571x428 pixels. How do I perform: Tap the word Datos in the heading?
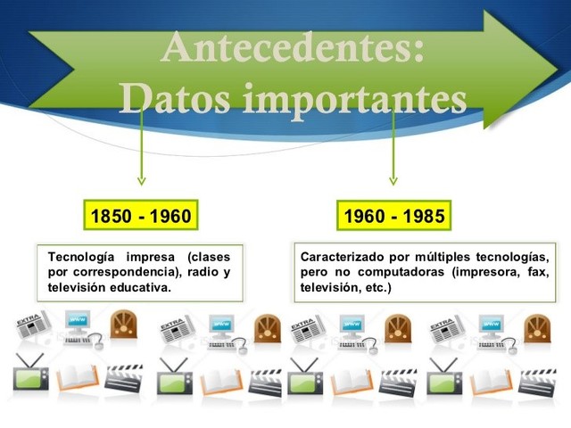[176, 98]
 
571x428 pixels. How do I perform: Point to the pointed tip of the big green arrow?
[557, 70]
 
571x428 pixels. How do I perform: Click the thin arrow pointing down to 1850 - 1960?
[142, 145]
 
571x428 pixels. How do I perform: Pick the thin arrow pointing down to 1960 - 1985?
[393, 146]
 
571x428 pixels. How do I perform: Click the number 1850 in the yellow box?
[111, 216]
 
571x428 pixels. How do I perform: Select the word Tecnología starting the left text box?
[81, 258]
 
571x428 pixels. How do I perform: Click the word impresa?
[151, 258]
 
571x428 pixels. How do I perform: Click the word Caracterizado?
[343, 257]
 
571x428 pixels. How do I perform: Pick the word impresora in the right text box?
[485, 272]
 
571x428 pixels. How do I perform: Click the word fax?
[538, 272]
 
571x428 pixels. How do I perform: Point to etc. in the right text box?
[378, 287]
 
